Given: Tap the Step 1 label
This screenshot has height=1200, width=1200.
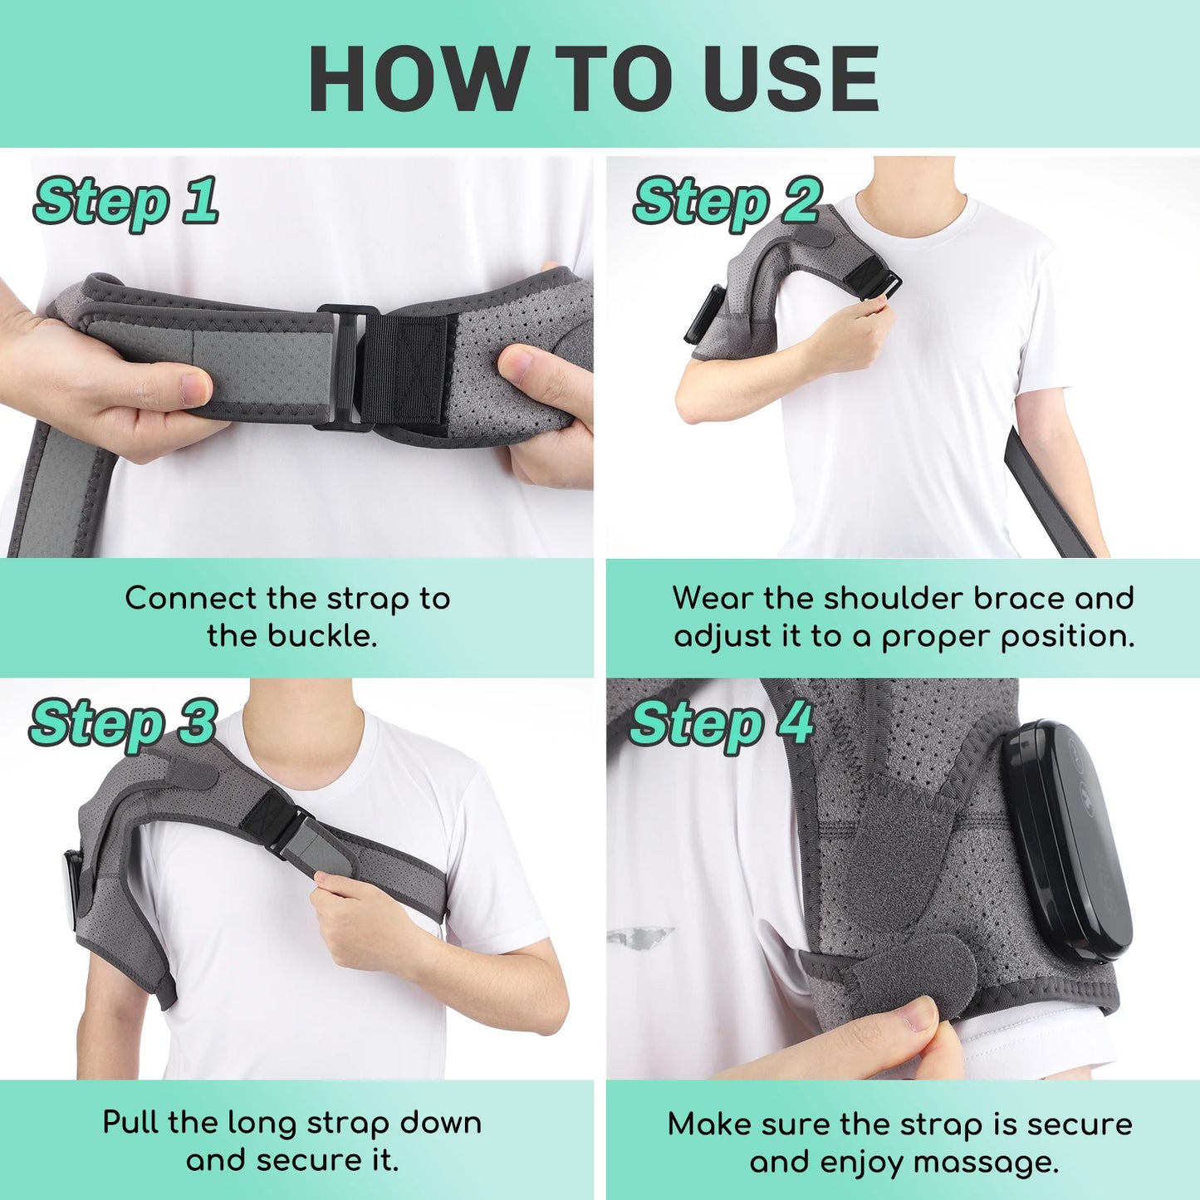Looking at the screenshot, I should (126, 202).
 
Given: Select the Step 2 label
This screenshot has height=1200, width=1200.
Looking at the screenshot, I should (727, 202).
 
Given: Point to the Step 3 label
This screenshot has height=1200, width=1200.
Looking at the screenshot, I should (123, 723).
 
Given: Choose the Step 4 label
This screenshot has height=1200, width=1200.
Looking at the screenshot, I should (721, 723).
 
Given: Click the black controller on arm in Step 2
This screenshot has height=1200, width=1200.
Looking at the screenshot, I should (702, 314).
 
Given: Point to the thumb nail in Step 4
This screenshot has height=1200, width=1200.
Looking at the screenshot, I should (920, 1015).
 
